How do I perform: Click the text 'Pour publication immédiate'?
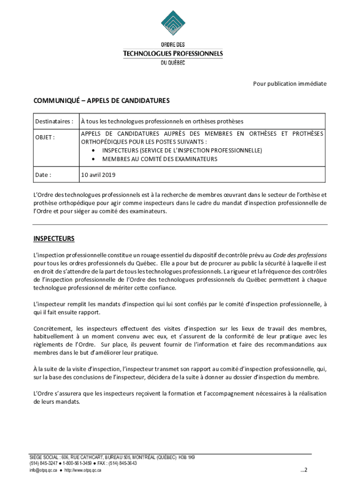290,84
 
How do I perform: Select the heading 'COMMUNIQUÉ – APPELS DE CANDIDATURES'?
101,101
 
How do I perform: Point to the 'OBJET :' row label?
45,138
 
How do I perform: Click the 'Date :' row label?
43,175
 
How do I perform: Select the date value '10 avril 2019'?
98,175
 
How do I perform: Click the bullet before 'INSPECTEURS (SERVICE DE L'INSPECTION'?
95,151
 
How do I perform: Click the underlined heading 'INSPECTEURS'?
54,239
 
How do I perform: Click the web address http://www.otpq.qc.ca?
83,470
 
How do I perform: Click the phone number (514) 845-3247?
43,464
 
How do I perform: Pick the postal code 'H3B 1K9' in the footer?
187,457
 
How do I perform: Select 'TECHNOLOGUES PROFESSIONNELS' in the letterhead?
173,53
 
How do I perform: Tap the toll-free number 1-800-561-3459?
78,464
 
